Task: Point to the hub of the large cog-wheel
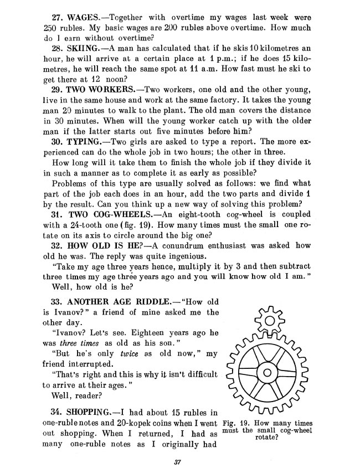tap(268, 373)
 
